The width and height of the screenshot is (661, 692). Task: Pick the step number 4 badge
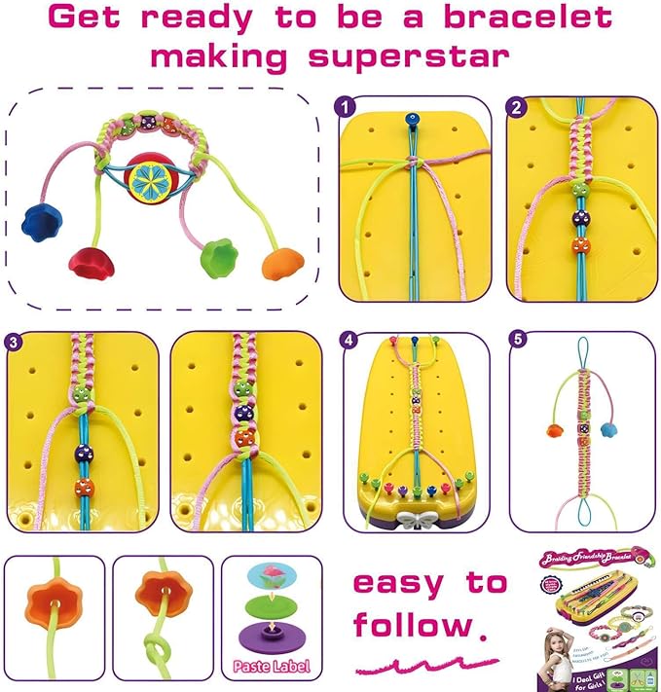click(x=349, y=341)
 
